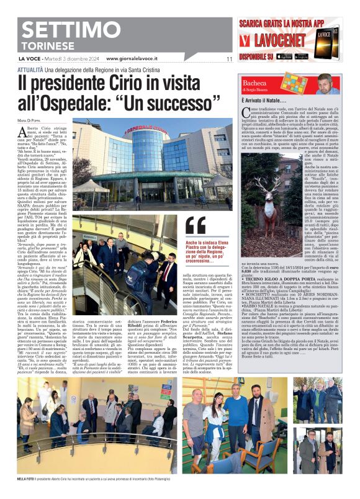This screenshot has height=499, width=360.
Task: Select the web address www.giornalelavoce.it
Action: (132, 58)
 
